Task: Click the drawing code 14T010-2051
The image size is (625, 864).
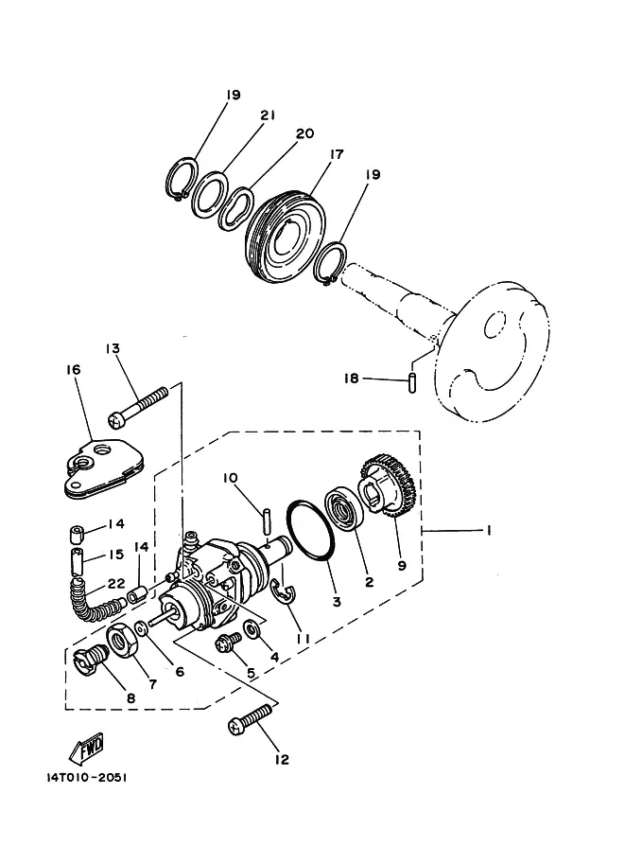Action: click(87, 778)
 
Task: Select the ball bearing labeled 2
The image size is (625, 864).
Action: click(343, 509)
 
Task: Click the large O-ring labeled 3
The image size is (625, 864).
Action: click(310, 531)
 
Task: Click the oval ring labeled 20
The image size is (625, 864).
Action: click(236, 209)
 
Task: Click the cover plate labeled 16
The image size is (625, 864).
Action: click(103, 467)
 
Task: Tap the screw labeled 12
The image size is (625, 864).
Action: click(250, 719)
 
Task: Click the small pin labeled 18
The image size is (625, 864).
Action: click(411, 383)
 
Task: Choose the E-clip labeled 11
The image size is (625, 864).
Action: click(286, 591)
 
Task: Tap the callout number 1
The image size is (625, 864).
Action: click(488, 531)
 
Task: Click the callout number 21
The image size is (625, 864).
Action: click(268, 115)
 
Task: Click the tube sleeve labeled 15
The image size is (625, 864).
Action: click(78, 560)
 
